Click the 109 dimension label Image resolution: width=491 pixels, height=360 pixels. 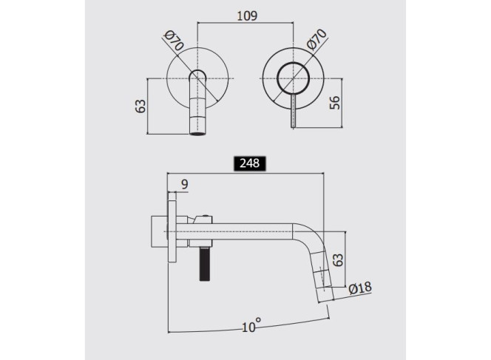tap(247, 16)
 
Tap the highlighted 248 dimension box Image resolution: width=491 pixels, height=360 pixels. tap(250, 163)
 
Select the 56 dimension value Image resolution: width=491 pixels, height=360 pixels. tap(334, 103)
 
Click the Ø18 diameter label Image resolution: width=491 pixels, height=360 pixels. tap(360, 288)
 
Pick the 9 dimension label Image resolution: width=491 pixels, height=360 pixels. tap(185, 184)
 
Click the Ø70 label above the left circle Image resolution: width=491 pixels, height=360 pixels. tap(174, 41)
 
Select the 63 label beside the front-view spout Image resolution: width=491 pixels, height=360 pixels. tap(140, 106)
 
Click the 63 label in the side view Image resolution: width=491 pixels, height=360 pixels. tap(338, 259)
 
